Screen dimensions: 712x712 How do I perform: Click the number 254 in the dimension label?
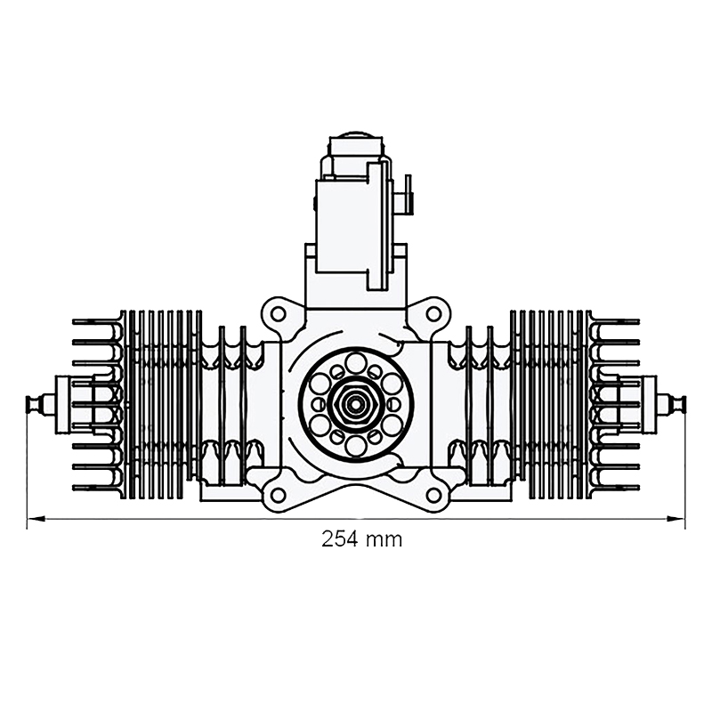click(x=339, y=538)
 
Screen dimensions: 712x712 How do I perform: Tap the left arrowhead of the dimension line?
click(x=32, y=517)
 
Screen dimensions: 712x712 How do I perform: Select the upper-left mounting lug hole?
click(x=279, y=313)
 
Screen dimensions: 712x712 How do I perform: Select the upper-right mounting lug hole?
click(x=433, y=313)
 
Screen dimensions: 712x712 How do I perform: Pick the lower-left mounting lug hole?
click(x=279, y=494)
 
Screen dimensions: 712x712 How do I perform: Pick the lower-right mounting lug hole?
click(x=433, y=494)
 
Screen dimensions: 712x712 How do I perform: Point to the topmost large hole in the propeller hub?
click(x=356, y=362)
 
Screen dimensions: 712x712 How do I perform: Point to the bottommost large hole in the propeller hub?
click(x=356, y=444)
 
